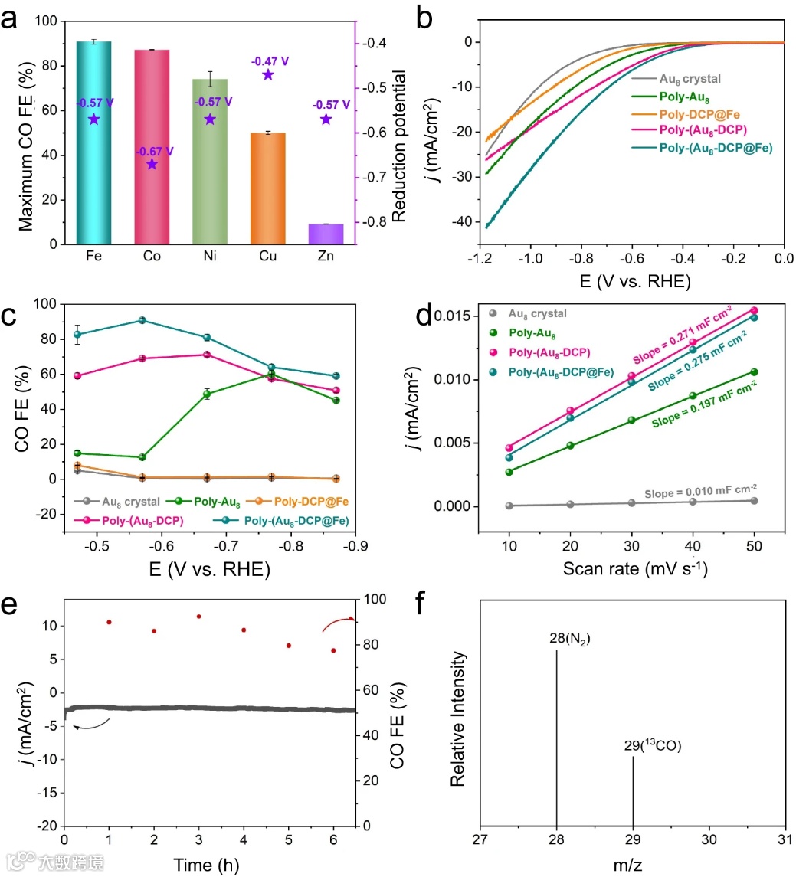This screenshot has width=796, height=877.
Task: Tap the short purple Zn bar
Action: (x=326, y=234)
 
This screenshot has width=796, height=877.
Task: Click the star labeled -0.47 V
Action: (x=268, y=74)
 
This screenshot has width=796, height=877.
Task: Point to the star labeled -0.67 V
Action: (x=152, y=164)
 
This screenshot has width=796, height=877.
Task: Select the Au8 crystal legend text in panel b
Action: (x=689, y=78)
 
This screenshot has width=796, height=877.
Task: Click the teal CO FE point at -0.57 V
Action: (x=142, y=320)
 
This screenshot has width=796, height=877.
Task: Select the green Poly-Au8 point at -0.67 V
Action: (x=207, y=394)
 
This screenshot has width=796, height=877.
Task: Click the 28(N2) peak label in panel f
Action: (x=568, y=637)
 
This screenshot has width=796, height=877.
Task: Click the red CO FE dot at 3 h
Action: (x=199, y=617)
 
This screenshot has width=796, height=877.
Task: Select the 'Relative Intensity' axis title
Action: (x=459, y=718)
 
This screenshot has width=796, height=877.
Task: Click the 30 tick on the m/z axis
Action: (x=709, y=839)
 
